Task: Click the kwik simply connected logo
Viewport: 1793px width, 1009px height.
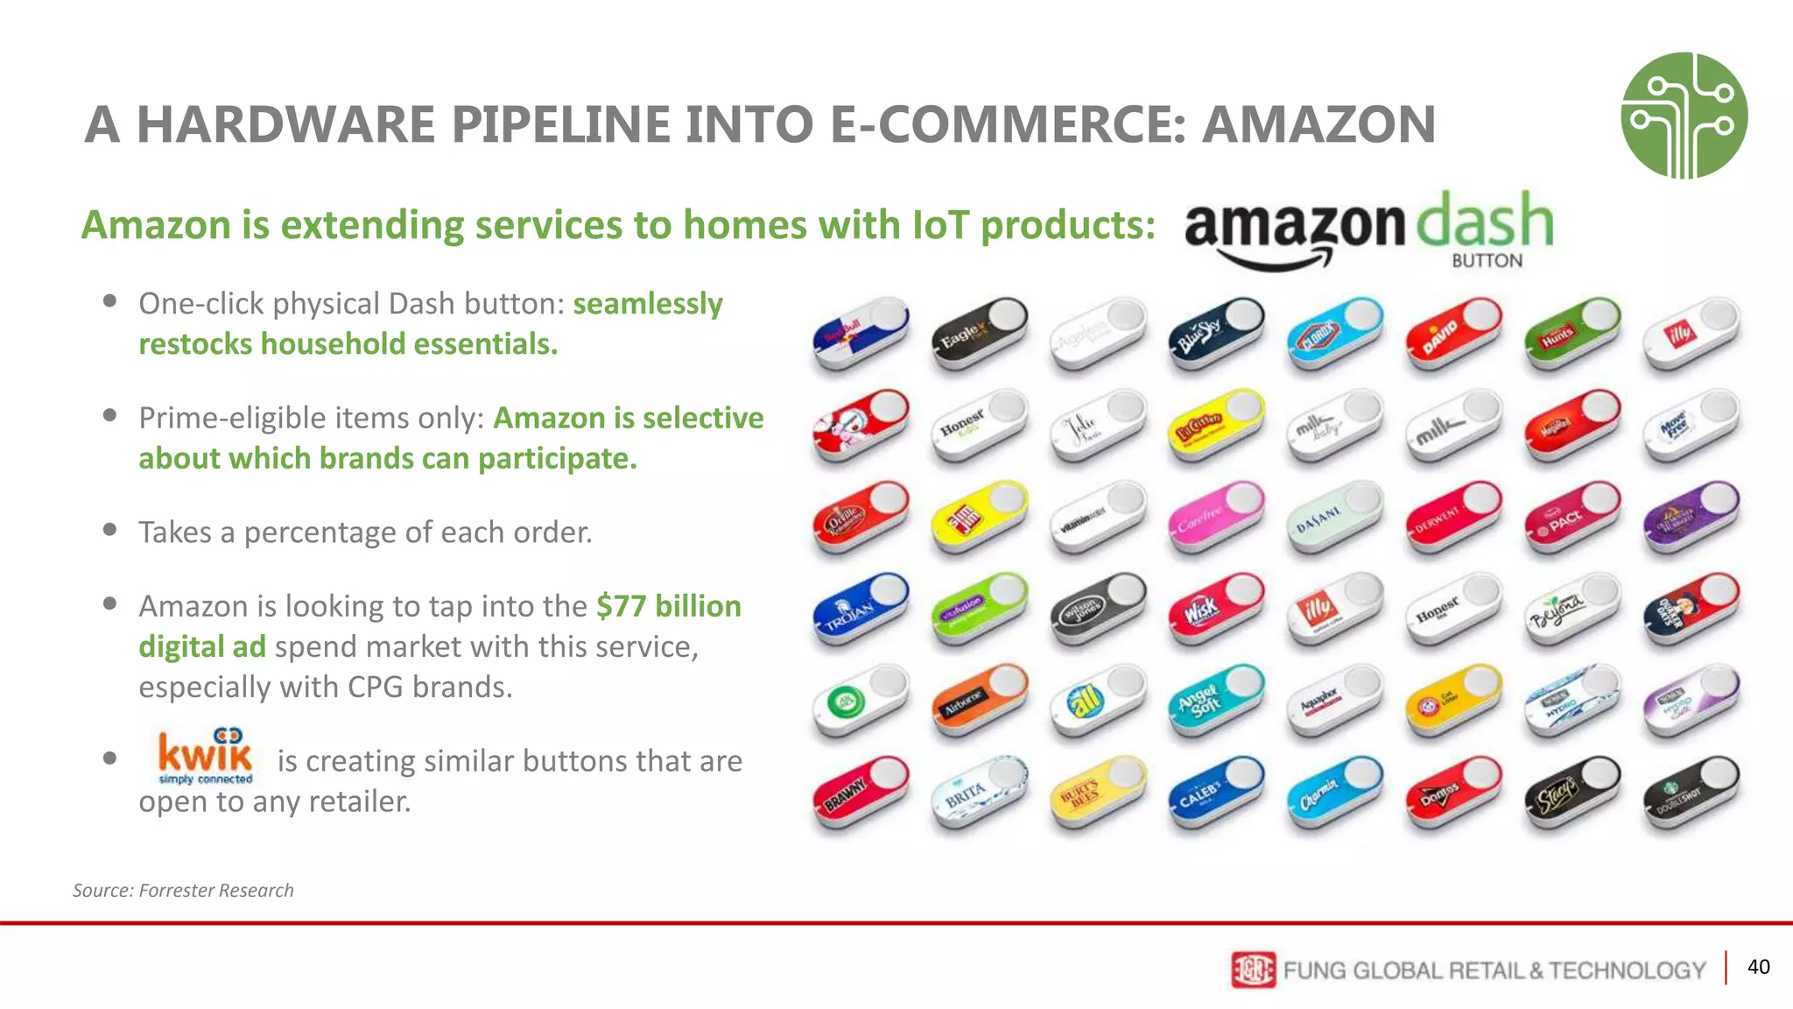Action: point(206,756)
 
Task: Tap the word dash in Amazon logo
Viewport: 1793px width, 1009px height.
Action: point(1485,221)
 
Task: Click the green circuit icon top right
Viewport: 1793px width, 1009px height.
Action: point(1684,116)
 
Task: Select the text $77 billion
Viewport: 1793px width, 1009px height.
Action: point(669,606)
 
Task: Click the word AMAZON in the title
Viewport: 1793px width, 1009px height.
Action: point(1318,124)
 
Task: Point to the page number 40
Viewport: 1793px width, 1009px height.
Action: point(1758,967)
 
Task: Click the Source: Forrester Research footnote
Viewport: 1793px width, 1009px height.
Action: point(183,891)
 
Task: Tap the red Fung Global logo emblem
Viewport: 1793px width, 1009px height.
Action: point(1253,970)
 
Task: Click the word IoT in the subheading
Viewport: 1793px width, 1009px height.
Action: point(940,225)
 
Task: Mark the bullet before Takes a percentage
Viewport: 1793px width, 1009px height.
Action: point(109,529)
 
